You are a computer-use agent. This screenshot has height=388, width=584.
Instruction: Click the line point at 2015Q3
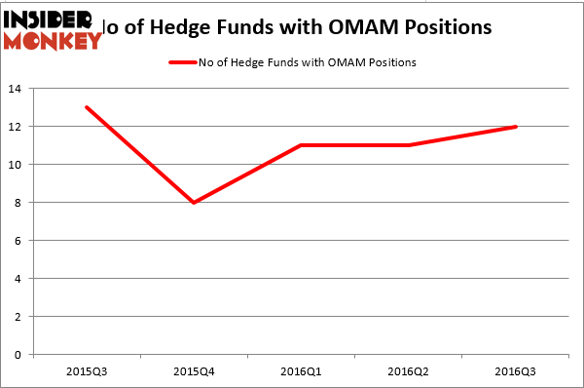[x=88, y=107]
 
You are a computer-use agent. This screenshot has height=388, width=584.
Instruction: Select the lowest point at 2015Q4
[x=195, y=202]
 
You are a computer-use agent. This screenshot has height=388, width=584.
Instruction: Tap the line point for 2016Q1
[x=302, y=145]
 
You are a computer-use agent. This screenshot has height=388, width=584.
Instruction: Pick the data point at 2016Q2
[x=409, y=145]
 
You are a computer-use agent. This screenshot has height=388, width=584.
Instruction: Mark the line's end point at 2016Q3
[x=515, y=127]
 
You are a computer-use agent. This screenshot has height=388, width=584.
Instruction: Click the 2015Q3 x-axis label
[x=88, y=371]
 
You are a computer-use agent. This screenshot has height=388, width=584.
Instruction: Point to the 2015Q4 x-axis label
[x=195, y=371]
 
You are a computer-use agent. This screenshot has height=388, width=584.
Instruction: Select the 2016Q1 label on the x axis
[x=302, y=371]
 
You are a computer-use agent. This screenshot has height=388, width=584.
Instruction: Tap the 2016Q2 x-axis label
[x=409, y=371]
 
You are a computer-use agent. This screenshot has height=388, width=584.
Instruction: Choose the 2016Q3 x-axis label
[x=516, y=371]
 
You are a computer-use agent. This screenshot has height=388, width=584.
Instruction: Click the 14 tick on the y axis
[x=17, y=89]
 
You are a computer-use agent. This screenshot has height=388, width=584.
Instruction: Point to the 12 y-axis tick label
[x=17, y=127]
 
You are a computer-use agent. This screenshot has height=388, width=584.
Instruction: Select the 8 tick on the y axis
[x=19, y=203]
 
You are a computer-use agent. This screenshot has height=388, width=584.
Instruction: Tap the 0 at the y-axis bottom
[x=19, y=355]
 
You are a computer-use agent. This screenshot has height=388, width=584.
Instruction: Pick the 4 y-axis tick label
[x=19, y=279]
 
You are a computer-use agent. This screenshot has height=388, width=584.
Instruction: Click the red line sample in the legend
[x=181, y=62]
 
